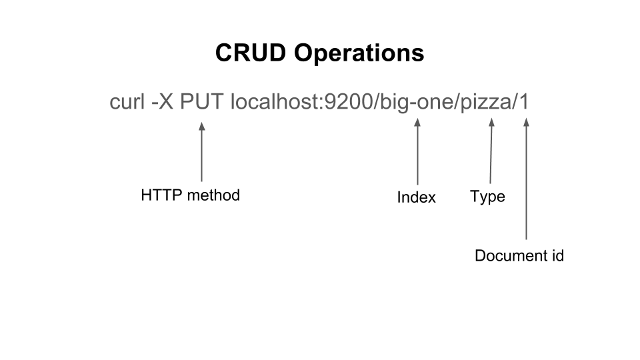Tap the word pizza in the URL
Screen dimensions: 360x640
pos(486,103)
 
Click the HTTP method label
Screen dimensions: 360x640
pos(190,195)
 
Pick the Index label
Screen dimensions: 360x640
pos(416,197)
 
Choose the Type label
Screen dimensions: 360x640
pos(487,197)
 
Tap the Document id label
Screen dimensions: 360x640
pos(519,255)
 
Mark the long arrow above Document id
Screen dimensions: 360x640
pos(526,180)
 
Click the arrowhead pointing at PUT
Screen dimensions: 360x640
pos(201,125)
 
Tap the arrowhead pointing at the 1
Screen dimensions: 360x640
pos(526,123)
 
